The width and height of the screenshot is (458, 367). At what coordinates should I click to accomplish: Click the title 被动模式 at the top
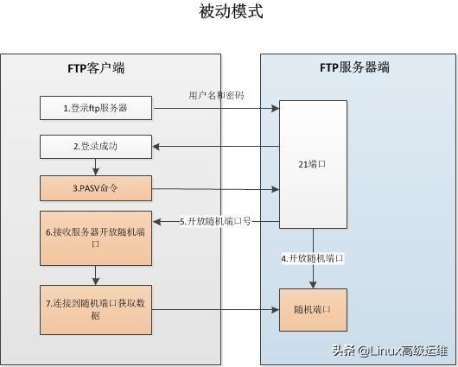pos(230,12)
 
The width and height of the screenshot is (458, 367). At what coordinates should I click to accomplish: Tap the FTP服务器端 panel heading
pos(354,66)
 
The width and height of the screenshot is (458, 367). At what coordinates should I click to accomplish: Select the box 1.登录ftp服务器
pos(95,109)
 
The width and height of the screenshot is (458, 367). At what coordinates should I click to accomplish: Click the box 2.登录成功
pos(95,147)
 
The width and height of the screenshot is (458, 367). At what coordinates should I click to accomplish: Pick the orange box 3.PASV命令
pos(95,187)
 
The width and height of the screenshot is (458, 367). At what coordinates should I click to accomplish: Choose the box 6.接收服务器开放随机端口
pos(95,238)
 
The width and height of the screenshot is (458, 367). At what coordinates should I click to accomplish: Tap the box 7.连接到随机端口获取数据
pos(95,309)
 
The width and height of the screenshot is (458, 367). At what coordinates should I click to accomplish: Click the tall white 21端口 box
pos(313,161)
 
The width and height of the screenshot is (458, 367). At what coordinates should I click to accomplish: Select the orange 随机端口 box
pos(313,310)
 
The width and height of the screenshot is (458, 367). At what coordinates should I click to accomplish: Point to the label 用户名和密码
pos(216,95)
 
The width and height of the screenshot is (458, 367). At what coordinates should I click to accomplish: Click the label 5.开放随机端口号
pos(216,222)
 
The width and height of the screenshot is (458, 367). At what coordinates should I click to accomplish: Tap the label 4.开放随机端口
pos(313,258)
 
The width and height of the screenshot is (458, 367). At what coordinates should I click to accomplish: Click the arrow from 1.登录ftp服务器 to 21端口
pos(216,109)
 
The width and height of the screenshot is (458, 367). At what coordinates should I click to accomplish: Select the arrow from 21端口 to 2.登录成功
pos(216,147)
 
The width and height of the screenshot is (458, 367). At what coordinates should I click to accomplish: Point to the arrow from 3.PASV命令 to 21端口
pos(216,187)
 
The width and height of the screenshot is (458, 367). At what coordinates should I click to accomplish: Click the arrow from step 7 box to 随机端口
pos(216,310)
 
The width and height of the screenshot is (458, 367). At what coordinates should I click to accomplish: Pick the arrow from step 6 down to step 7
pos(95,275)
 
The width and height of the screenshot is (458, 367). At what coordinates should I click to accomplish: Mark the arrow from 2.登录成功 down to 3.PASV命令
pos(95,167)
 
